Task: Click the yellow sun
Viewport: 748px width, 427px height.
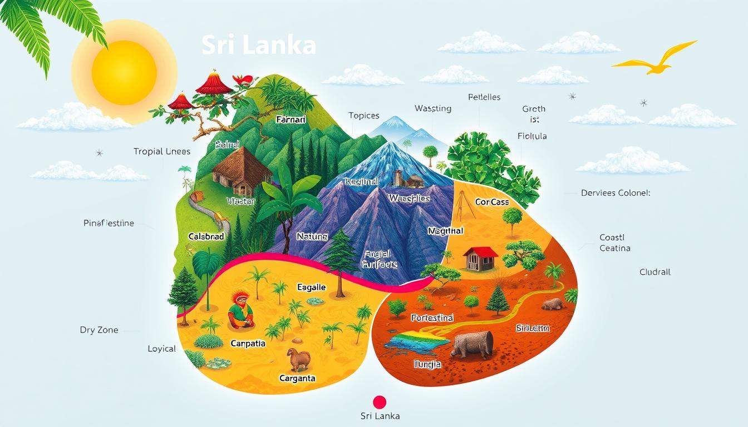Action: pos(124,72)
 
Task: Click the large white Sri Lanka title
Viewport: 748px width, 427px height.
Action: pos(259,46)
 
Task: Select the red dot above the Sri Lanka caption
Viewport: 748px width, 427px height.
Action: pos(380,402)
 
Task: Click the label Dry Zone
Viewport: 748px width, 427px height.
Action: pos(99,330)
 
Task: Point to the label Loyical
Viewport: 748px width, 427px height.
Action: pos(162,349)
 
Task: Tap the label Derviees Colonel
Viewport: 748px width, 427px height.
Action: pos(615,193)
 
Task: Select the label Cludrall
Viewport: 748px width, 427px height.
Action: pos(655,272)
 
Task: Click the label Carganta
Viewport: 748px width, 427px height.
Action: pos(297,378)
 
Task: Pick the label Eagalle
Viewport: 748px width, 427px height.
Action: pos(312,287)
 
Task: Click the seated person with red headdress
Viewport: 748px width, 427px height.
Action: pos(240,310)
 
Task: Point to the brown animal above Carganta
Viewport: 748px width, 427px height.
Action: pos(298,359)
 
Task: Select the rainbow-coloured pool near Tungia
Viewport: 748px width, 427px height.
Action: pos(414,340)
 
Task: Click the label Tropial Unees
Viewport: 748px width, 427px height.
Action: pos(162,151)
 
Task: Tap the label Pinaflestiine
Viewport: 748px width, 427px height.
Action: pos(109,223)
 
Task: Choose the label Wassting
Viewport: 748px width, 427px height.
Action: pos(433,108)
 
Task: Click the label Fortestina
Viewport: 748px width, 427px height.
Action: pos(432,318)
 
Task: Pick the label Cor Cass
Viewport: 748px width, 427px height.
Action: pos(492,202)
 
